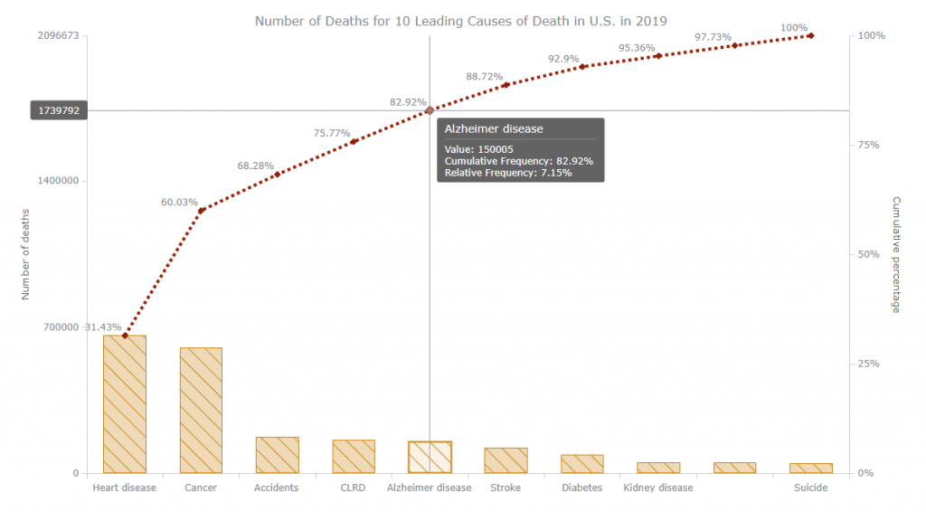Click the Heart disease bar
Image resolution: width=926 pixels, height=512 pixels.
(x=125, y=404)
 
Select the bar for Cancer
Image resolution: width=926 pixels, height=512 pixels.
(x=201, y=410)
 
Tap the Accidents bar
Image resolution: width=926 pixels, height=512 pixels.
(x=277, y=455)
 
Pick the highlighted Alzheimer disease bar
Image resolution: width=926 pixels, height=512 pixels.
(x=430, y=457)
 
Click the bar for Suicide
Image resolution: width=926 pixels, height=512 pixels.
(x=811, y=468)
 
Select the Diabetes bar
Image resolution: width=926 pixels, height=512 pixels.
(x=582, y=463)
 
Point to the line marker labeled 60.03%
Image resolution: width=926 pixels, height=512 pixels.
(x=202, y=210)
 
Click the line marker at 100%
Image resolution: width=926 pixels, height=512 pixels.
(x=811, y=35)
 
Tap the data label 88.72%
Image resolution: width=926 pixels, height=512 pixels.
(x=484, y=77)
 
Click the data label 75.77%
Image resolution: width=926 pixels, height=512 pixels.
(x=332, y=133)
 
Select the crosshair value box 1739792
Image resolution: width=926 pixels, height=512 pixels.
(x=59, y=110)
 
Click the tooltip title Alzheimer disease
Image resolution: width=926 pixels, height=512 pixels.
(x=494, y=129)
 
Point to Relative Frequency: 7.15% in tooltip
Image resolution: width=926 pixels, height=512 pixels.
(x=507, y=173)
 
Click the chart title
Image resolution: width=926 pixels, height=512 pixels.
(x=460, y=20)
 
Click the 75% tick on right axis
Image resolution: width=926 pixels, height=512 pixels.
(x=869, y=145)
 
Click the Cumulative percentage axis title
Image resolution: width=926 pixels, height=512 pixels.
(x=896, y=255)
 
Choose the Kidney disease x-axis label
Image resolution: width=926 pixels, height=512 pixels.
(x=658, y=488)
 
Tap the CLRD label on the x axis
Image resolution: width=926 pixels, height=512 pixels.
(x=353, y=488)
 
